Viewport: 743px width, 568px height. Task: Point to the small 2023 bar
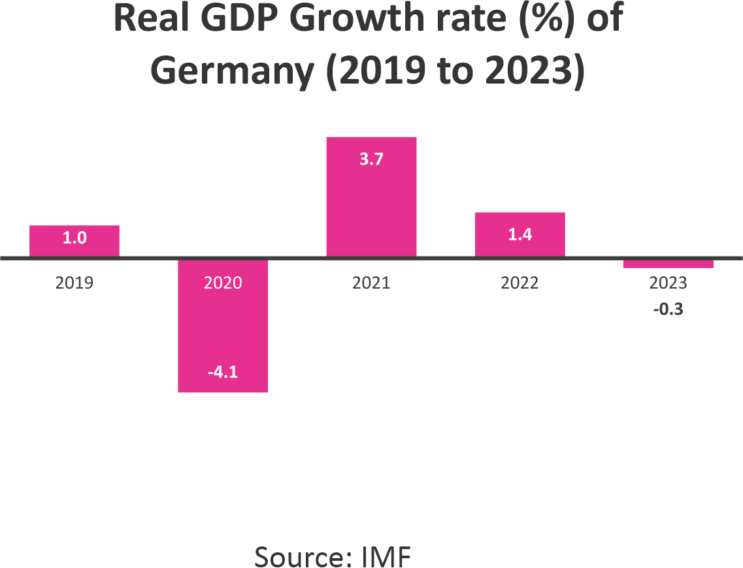(668, 264)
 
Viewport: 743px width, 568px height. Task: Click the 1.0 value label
(74, 238)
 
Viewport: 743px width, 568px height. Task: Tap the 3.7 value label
(371, 159)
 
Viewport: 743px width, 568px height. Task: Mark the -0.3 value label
(668, 310)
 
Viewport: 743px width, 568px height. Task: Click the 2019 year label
(74, 283)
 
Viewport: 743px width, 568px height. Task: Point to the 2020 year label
(223, 283)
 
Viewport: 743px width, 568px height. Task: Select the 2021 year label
(371, 283)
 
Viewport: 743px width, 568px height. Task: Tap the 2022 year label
(520, 283)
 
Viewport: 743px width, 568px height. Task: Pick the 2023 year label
(668, 283)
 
